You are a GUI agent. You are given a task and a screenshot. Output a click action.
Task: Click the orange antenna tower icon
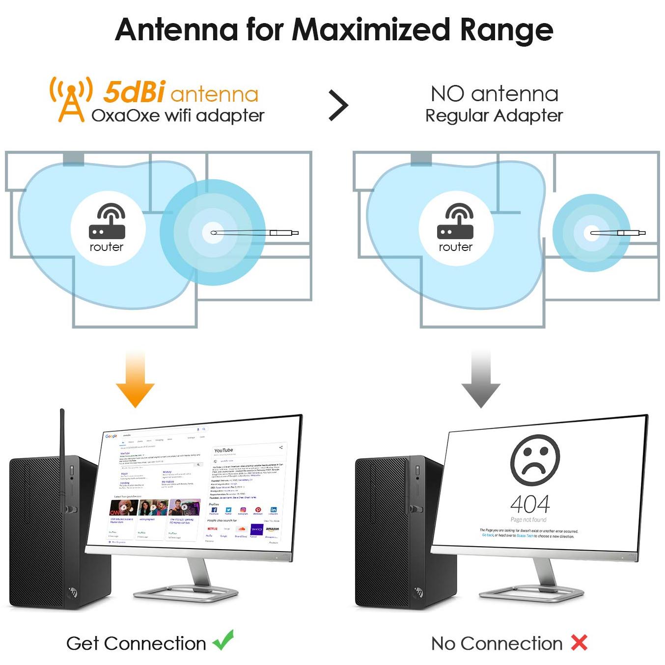click(x=71, y=100)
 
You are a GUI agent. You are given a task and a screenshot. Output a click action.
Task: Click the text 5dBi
click(x=134, y=92)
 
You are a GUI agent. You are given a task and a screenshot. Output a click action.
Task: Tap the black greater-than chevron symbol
click(x=338, y=105)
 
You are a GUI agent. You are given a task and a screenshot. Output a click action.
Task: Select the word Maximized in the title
click(x=371, y=29)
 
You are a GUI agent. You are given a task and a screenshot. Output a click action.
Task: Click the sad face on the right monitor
click(x=535, y=460)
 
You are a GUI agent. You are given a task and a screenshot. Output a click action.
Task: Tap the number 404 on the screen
click(x=530, y=504)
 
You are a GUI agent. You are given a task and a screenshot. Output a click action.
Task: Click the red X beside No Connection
click(x=580, y=642)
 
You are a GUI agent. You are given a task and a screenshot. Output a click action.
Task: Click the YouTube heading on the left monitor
click(x=223, y=450)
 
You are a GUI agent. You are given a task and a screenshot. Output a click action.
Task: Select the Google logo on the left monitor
click(x=111, y=436)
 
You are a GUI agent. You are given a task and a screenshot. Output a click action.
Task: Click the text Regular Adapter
click(x=494, y=116)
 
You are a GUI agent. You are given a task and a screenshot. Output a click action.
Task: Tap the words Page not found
click(x=528, y=520)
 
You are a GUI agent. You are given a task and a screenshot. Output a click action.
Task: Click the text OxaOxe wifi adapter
click(x=178, y=116)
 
